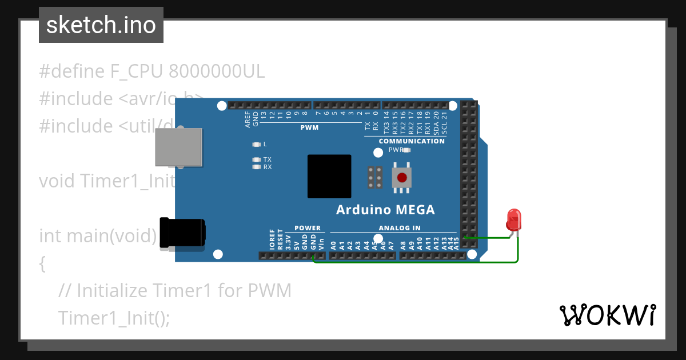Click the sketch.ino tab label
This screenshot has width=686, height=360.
pyautogui.click(x=101, y=25)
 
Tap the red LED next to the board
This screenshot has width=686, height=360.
pyautogui.click(x=513, y=220)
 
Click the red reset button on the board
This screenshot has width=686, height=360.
pyautogui.click(x=402, y=177)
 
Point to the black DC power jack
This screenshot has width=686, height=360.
pyautogui.click(x=182, y=233)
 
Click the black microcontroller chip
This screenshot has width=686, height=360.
pyautogui.click(x=329, y=176)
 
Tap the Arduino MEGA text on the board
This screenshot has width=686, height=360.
pyautogui.click(x=385, y=210)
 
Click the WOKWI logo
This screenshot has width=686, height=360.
pyautogui.click(x=608, y=315)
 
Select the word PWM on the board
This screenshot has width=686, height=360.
pyautogui.click(x=309, y=127)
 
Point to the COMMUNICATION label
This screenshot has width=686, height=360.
pyautogui.click(x=412, y=141)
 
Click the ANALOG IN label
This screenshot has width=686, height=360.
pyautogui.click(x=400, y=228)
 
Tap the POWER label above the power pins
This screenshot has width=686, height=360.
pyautogui.click(x=308, y=228)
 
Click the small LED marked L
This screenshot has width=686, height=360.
pyautogui.click(x=256, y=145)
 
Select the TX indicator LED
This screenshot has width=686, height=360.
pyautogui.click(x=256, y=159)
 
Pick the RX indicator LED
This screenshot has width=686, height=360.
pyautogui.click(x=256, y=167)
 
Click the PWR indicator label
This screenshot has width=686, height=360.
pyautogui.click(x=396, y=150)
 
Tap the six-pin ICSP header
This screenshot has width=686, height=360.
pyautogui.click(x=375, y=177)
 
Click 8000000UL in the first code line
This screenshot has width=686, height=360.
pyautogui.click(x=217, y=72)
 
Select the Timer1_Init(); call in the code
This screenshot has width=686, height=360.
pyautogui.click(x=114, y=318)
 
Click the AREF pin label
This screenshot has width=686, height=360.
pyautogui.click(x=248, y=119)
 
